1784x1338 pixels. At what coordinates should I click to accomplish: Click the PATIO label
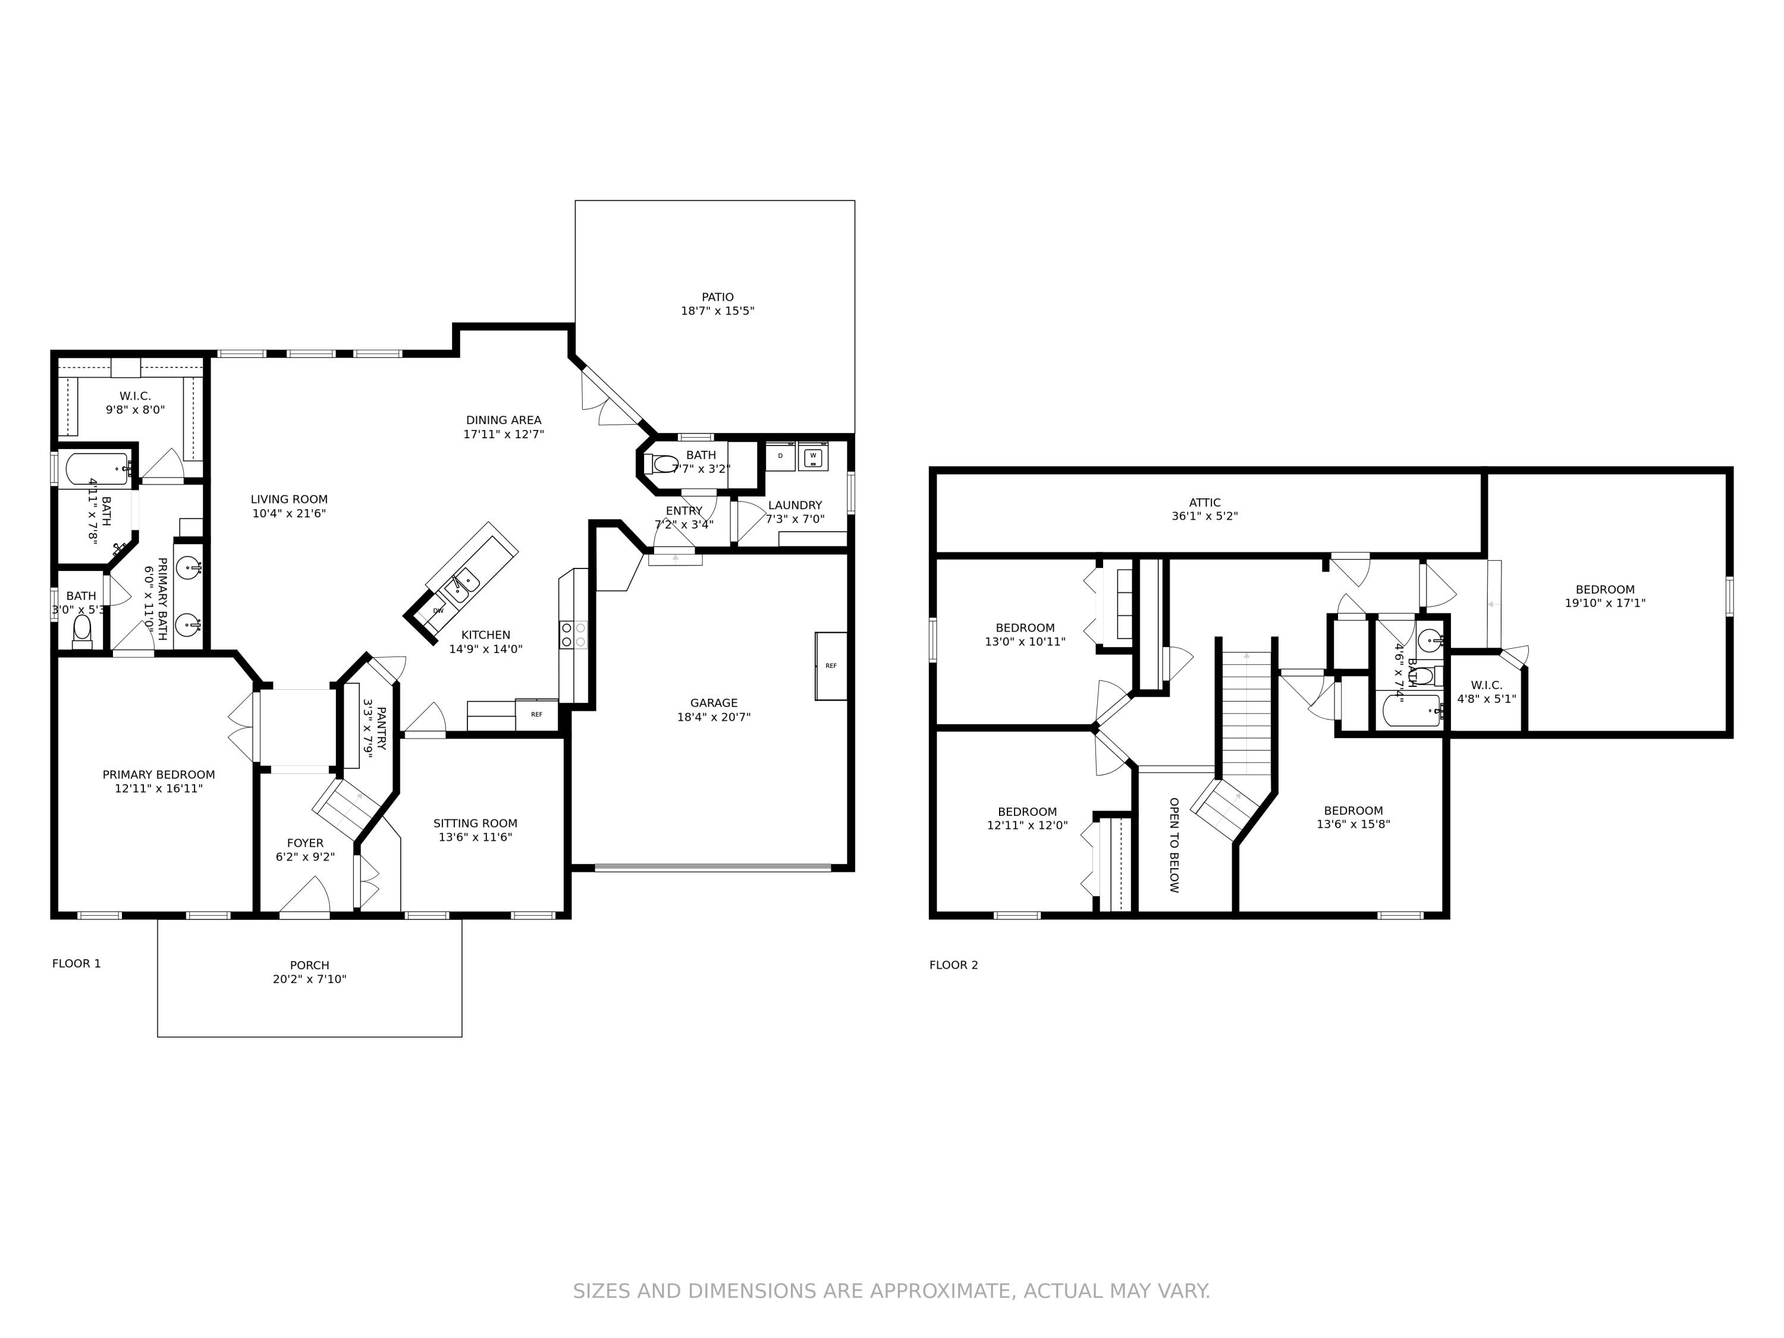tap(717, 297)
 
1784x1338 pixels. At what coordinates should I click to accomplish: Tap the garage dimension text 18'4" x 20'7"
tap(713, 716)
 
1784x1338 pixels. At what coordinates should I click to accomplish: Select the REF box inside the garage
tap(831, 665)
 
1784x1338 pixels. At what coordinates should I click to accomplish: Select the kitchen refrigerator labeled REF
tap(536, 715)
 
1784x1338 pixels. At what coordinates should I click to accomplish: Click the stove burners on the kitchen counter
tap(573, 635)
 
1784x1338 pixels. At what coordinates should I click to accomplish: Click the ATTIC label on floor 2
tap(1204, 502)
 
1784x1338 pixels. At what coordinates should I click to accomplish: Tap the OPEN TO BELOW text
tap(1174, 844)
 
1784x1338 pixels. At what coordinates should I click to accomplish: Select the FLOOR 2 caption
tap(953, 965)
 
